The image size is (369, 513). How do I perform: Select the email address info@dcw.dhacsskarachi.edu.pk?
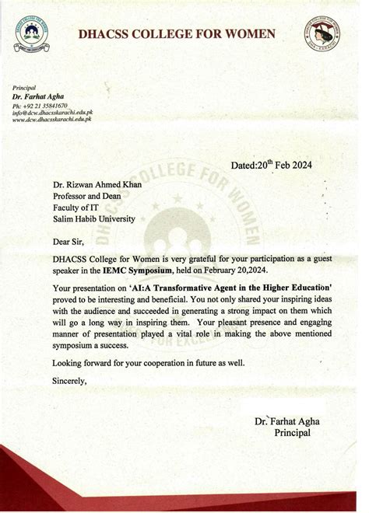click(x=52, y=113)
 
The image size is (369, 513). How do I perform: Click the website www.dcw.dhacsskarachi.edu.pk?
click(x=52, y=121)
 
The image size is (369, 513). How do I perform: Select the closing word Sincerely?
click(x=70, y=381)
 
